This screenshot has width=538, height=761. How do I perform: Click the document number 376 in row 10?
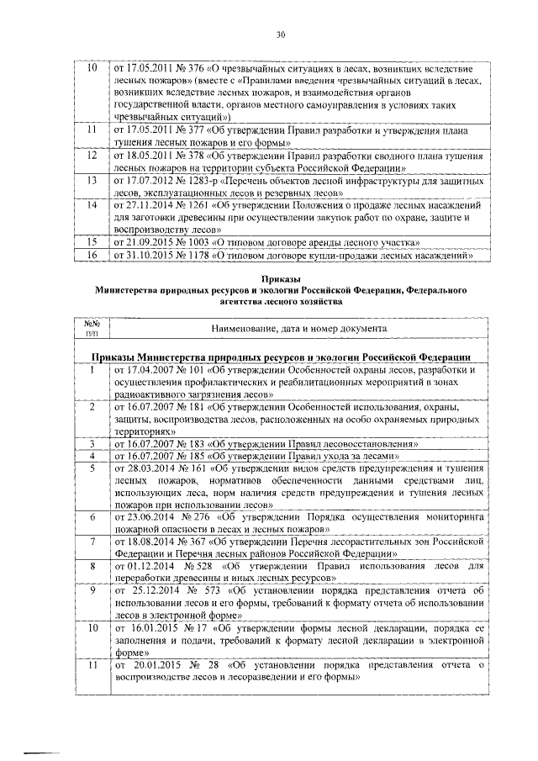pyautogui.click(x=197, y=67)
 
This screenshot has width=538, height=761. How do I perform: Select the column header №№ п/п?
pyautogui.click(x=92, y=327)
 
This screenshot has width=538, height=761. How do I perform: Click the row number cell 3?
pyautogui.click(x=92, y=443)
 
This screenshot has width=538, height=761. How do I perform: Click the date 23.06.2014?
pyautogui.click(x=152, y=519)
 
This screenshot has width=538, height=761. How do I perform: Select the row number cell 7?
pyautogui.click(x=92, y=543)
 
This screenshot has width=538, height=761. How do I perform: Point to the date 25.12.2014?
pyautogui.click(x=154, y=593)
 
